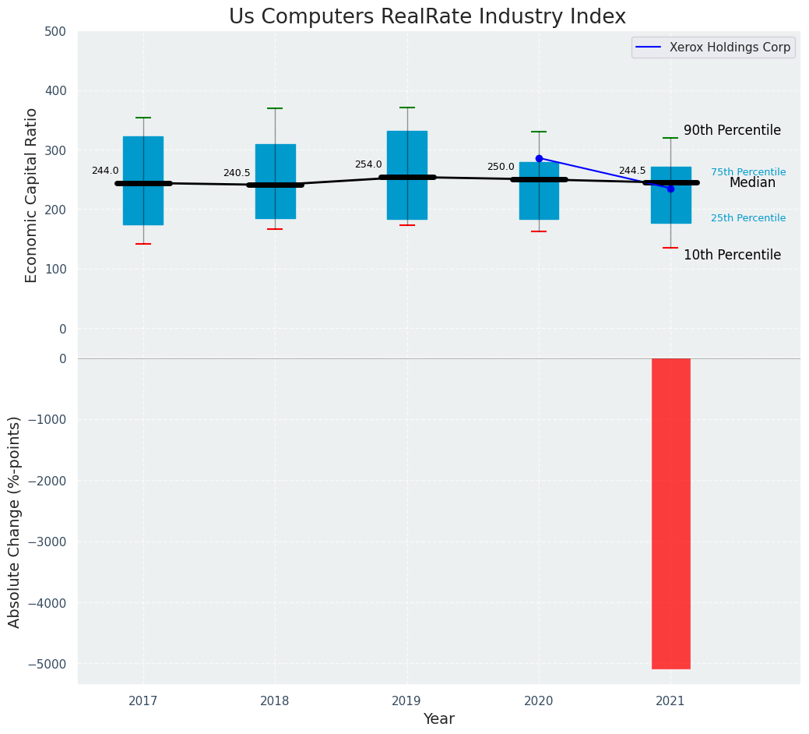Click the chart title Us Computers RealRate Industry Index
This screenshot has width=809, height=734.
427,17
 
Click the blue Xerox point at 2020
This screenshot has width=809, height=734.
539,158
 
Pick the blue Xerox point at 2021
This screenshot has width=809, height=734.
670,189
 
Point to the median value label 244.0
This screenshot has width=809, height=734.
105,171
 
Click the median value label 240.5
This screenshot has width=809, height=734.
237,173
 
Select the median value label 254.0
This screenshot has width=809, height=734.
368,164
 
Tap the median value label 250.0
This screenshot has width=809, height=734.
501,167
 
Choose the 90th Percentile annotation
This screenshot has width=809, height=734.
732,130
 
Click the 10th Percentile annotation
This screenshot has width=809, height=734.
732,255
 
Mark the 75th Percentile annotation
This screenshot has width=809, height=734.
748,172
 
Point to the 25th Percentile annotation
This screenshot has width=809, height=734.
748,218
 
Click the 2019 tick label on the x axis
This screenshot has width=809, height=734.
406,701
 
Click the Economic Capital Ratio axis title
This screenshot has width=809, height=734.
32,195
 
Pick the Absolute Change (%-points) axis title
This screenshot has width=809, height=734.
15,521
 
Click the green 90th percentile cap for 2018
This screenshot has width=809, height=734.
275,108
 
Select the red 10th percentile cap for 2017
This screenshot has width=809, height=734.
143,244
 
